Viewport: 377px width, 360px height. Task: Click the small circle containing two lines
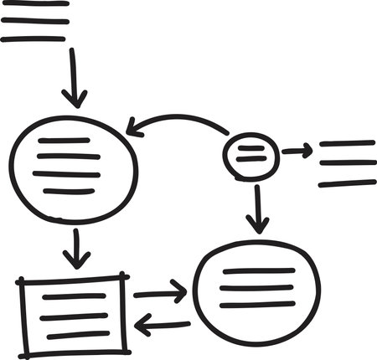point(250,153)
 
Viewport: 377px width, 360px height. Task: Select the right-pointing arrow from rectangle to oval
point(159,293)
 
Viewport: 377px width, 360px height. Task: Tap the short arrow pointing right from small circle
point(296,151)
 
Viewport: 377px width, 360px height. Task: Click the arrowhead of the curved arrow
point(132,129)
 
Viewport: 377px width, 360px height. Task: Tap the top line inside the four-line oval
point(64,141)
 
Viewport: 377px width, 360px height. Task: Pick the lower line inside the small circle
point(250,158)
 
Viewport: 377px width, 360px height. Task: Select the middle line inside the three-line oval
point(257,287)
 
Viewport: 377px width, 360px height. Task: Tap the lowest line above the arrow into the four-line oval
point(34,38)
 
